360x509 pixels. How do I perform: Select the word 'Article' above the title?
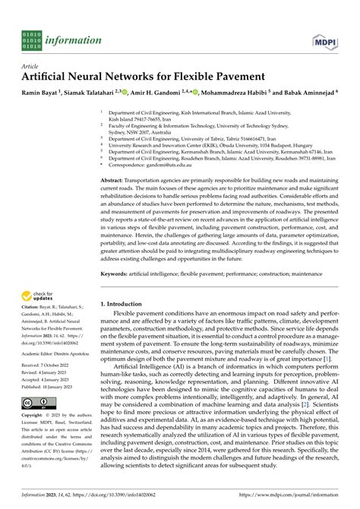tap(32, 66)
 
